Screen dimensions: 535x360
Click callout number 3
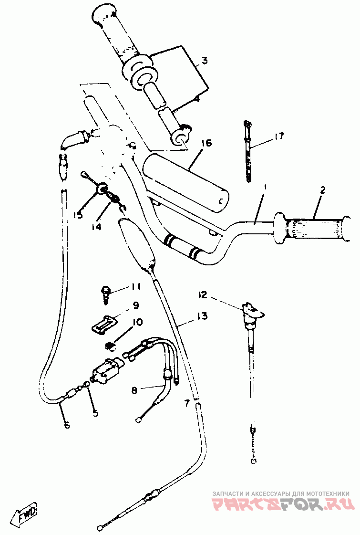click(x=204, y=61)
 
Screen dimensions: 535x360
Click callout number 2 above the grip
click(x=322, y=190)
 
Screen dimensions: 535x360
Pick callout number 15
click(x=78, y=215)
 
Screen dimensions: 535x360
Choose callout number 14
click(x=97, y=227)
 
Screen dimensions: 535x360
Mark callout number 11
click(x=136, y=287)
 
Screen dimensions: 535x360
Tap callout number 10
click(x=137, y=322)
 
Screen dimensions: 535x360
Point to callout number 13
click(x=201, y=316)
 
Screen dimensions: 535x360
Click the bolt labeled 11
click(x=106, y=292)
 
